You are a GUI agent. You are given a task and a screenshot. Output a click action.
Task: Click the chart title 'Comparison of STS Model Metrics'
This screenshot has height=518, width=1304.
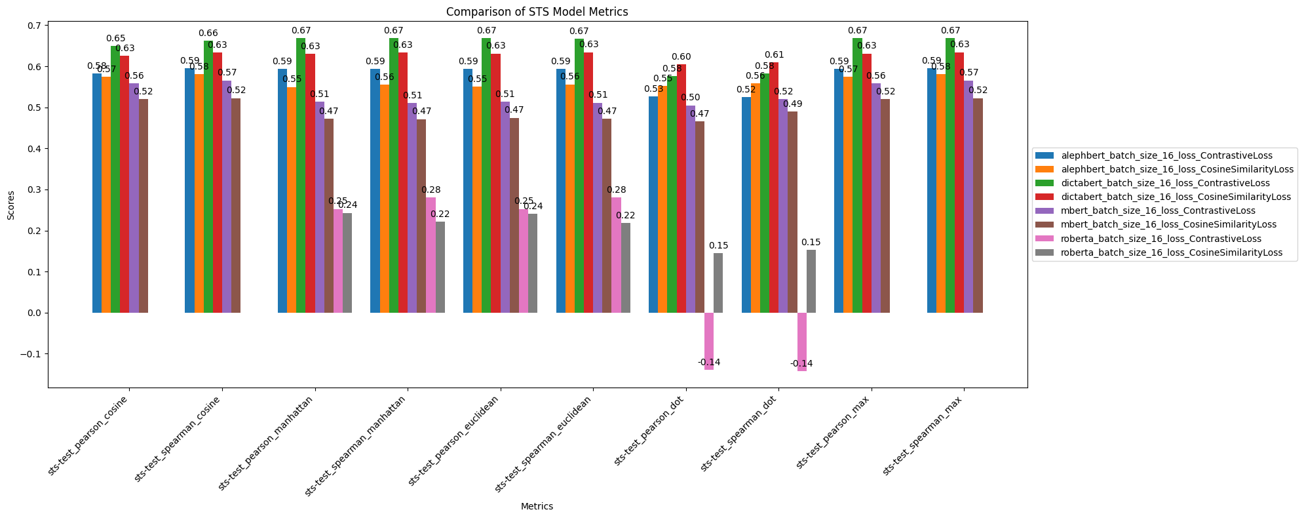(537, 11)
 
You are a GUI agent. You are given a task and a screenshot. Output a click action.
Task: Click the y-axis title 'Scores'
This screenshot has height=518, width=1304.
(10, 205)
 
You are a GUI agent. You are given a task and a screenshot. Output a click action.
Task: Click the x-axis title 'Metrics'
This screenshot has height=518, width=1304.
(537, 507)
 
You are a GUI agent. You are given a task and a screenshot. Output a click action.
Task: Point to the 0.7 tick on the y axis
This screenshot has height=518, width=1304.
(33, 26)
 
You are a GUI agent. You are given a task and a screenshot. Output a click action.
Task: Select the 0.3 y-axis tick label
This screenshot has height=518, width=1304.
(33, 190)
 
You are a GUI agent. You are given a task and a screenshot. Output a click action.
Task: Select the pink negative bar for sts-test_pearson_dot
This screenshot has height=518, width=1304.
(709, 341)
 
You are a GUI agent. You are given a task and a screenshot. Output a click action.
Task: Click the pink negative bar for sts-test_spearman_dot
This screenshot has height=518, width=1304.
(802, 342)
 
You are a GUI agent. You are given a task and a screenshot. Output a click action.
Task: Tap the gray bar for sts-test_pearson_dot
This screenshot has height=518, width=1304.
(718, 283)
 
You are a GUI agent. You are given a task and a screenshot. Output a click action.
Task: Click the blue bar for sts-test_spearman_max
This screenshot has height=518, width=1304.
(931, 190)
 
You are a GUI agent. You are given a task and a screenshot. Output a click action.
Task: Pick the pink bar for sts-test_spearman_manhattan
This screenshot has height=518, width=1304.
(431, 255)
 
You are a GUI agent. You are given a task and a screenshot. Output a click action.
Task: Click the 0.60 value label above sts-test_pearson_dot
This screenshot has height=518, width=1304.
(681, 57)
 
